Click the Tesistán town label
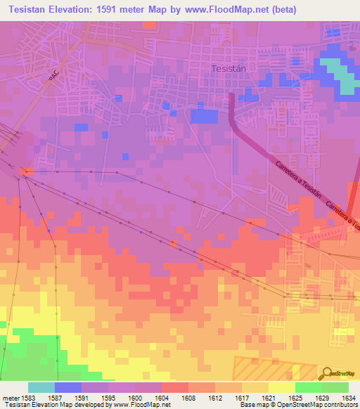point(226,69)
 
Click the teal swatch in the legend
point(41,387)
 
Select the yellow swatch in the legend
point(281,387)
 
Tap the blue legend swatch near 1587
point(68,387)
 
